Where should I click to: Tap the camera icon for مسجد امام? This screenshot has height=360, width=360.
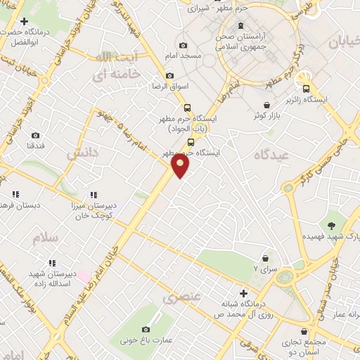[x=183, y=46]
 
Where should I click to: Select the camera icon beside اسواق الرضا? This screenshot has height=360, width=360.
[x=169, y=76]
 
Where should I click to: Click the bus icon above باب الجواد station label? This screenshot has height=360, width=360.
[x=187, y=108]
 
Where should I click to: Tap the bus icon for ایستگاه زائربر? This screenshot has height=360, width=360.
[x=306, y=89]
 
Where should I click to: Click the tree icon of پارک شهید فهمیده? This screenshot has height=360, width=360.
[x=330, y=225]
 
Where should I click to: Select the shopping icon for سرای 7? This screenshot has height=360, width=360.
[x=265, y=259]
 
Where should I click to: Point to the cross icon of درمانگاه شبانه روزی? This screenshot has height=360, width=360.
[x=243, y=293]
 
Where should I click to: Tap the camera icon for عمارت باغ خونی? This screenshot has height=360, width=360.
[x=146, y=329]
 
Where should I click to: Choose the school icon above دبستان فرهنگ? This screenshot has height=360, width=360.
[x=14, y=194]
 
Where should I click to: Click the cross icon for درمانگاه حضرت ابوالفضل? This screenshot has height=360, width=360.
[x=24, y=22]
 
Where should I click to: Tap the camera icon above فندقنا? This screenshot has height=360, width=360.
[x=35, y=135]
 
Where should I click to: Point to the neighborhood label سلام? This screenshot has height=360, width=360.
[x=44, y=238]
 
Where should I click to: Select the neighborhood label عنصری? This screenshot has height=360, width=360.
[x=182, y=298]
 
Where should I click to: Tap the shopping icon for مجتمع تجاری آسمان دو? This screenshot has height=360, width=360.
[x=304, y=331]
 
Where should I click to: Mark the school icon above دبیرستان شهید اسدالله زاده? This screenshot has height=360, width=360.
[x=49, y=262]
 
